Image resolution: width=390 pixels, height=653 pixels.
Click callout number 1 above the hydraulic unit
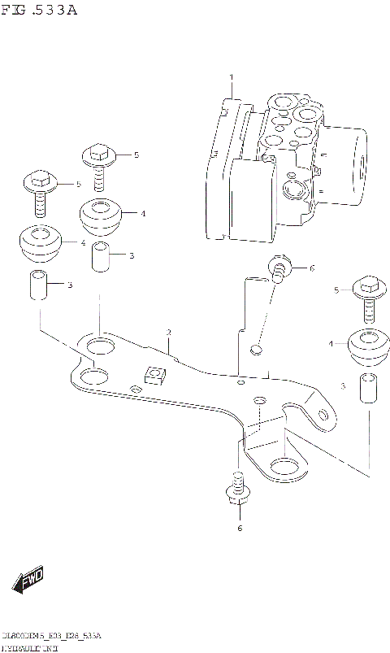pos(231,77)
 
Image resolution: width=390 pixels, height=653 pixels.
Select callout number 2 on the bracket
pos(168,333)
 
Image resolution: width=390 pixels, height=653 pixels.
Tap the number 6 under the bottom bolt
pos(240,529)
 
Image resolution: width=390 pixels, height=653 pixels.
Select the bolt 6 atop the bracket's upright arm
pos(279,269)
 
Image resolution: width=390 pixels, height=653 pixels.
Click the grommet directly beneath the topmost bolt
pos(100,215)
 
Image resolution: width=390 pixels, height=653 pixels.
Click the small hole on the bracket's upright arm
pos(257,350)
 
